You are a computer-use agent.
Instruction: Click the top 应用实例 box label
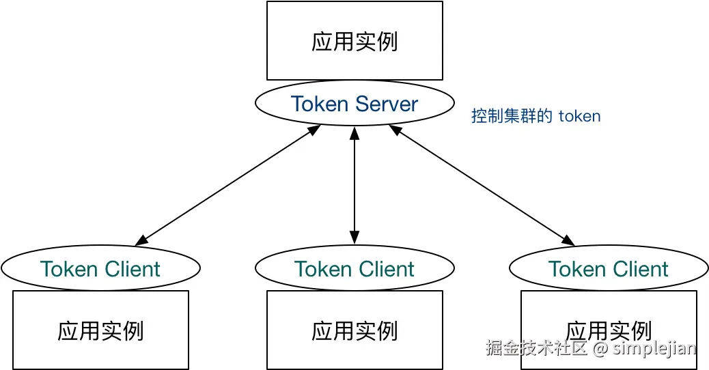coord(354,42)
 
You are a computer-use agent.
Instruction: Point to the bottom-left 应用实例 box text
coord(100,330)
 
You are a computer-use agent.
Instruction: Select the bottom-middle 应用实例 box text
coord(354,330)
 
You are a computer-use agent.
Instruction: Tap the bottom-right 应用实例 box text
coord(609,330)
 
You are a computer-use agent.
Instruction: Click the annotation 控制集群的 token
coord(536,116)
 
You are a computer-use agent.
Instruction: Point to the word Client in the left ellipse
coord(132,269)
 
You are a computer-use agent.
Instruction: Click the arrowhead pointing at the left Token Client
coord(141,241)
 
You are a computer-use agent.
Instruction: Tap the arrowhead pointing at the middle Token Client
coord(354,238)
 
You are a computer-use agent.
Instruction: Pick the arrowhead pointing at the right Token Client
coord(568,241)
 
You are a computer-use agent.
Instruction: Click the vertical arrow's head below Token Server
coord(354,133)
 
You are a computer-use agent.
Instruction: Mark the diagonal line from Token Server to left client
coord(227,185)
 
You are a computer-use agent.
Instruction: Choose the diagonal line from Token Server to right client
coord(482,185)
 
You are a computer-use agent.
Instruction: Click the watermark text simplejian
coord(654,348)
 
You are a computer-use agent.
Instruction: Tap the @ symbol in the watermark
coord(600,348)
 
